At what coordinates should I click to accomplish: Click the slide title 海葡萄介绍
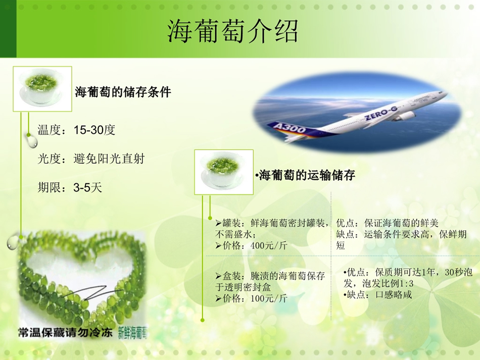(x=232, y=31)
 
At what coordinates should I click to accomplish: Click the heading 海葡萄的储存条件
(x=123, y=92)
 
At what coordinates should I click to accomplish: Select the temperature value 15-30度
(x=94, y=130)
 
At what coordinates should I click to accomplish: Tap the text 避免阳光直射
(x=109, y=159)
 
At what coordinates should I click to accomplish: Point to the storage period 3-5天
(x=87, y=187)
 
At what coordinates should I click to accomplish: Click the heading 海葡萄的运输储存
(x=307, y=175)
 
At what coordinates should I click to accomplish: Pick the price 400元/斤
(x=269, y=245)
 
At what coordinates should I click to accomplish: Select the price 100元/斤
(x=269, y=298)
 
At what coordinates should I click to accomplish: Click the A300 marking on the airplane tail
(x=290, y=128)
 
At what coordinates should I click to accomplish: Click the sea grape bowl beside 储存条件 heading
(x=42, y=89)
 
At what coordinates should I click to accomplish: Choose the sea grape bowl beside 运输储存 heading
(x=224, y=172)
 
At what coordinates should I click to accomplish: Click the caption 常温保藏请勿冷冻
(x=65, y=332)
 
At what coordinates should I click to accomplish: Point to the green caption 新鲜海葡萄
(x=132, y=333)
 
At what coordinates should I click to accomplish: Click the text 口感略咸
(x=394, y=294)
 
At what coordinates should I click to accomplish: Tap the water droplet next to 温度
(x=31, y=141)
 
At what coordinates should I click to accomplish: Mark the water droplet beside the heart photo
(x=13, y=241)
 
